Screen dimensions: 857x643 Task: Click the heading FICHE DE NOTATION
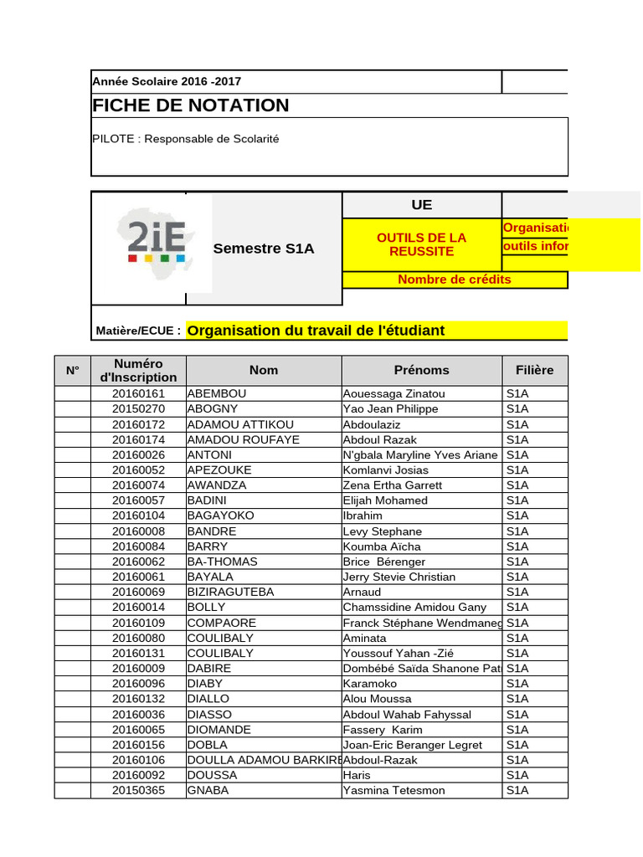click(190, 105)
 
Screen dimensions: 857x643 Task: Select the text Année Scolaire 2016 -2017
click(167, 82)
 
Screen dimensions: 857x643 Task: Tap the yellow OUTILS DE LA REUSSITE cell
click(422, 244)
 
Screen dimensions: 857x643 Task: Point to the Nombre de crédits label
click(454, 280)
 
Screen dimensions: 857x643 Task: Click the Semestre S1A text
click(264, 249)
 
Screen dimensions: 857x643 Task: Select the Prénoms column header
click(421, 370)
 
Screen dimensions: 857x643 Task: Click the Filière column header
click(528, 370)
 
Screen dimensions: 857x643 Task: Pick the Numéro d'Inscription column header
click(139, 370)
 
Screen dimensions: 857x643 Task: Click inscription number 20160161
click(139, 393)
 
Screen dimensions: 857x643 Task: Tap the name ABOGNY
click(213, 408)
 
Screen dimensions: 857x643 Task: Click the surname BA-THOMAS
click(222, 562)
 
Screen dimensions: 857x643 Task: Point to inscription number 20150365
click(139, 790)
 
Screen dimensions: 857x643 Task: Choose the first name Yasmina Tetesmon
click(394, 790)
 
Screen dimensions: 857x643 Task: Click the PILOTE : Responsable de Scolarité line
click(185, 139)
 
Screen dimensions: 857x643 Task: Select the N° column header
click(72, 370)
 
